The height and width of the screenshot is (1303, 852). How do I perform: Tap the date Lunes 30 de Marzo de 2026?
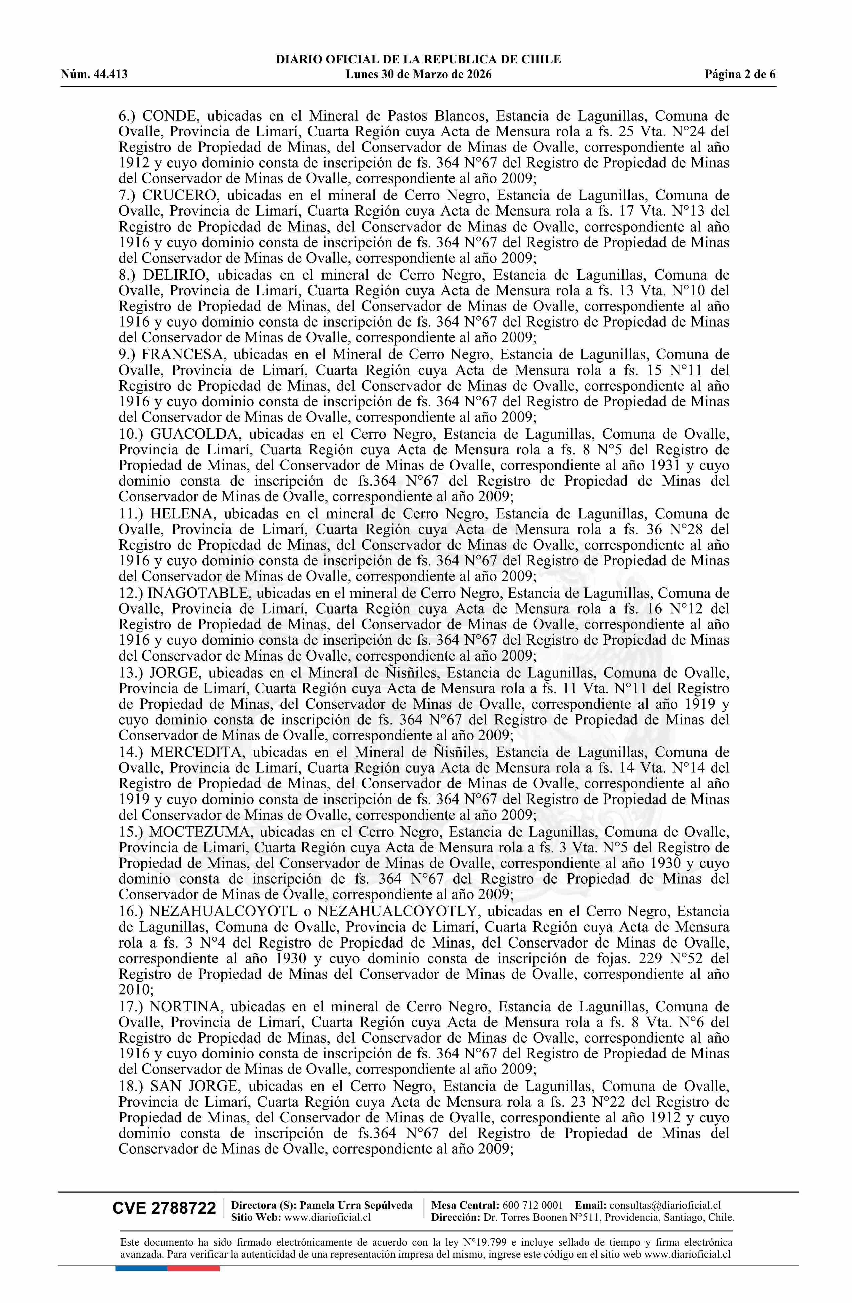point(418,75)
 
